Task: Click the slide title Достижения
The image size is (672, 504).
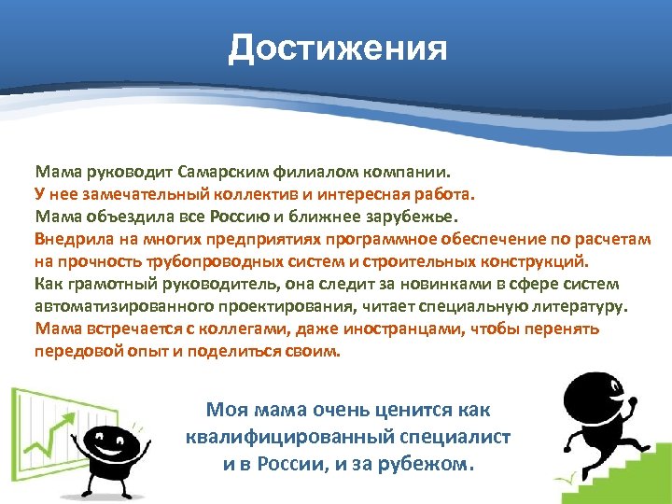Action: click(x=338, y=48)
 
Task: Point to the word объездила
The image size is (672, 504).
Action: click(x=121, y=217)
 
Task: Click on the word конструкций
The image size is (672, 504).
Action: click(x=534, y=262)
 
